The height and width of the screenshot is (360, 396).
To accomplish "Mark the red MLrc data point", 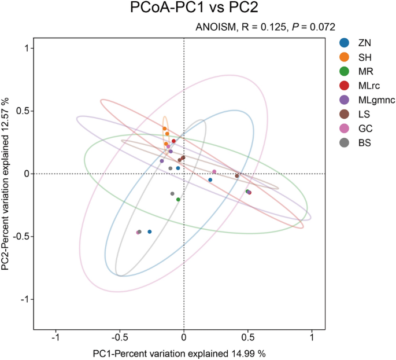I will pos(173,141).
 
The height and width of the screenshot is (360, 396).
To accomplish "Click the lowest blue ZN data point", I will pos(150,232).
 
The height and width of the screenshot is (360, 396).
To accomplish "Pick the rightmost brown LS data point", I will pos(237,176).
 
